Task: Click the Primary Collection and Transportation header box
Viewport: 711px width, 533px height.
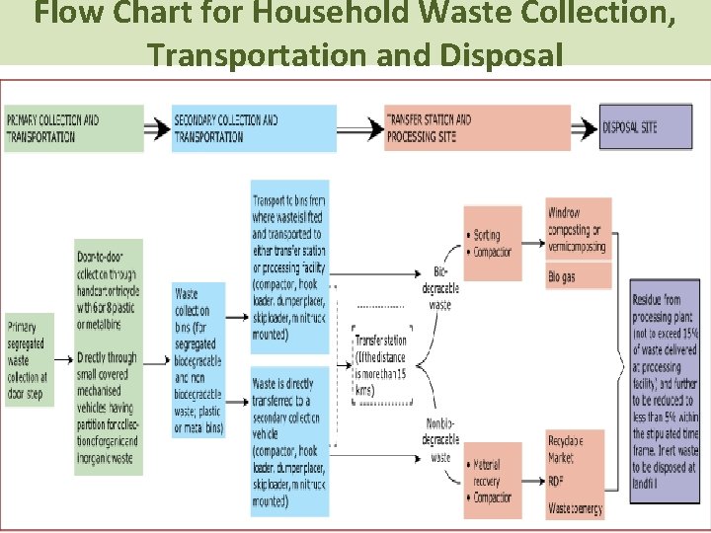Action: click(73, 129)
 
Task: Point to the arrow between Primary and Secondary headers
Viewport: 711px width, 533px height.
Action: click(157, 129)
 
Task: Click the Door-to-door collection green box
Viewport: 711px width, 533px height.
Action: click(108, 356)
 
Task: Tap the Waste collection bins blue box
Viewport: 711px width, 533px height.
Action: click(198, 360)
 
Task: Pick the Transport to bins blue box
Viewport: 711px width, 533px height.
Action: click(289, 266)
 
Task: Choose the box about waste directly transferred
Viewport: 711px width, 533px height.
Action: click(289, 441)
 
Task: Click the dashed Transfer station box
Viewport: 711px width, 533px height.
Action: click(381, 365)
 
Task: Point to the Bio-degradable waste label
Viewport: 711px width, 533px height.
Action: click(440, 288)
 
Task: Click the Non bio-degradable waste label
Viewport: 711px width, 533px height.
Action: click(440, 440)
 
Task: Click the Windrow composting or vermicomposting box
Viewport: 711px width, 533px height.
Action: click(579, 229)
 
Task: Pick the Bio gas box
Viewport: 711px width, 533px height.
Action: click(579, 278)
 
